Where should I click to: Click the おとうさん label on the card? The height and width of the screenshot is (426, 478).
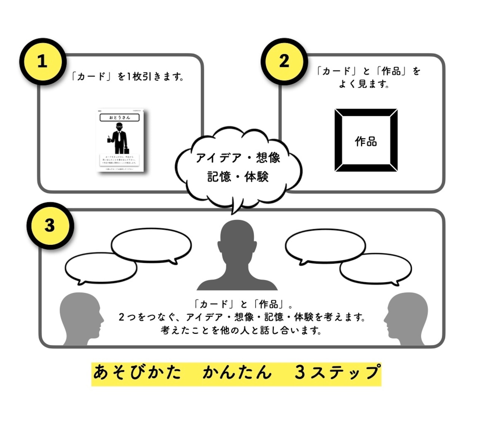[119, 118]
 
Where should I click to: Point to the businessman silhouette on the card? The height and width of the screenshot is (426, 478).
[119, 138]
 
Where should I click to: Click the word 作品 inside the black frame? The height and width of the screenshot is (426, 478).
[366, 142]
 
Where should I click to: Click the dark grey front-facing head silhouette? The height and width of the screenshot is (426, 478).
[237, 254]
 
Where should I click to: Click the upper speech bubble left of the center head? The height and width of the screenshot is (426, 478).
[151, 246]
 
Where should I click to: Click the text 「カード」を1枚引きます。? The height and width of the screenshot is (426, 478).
[128, 77]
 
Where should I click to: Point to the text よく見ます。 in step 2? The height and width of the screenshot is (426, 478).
[364, 84]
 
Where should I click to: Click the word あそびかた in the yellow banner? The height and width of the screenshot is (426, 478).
[137, 373]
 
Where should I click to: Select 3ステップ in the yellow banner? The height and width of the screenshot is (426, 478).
[337, 373]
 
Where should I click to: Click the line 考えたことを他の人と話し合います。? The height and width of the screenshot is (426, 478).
[241, 330]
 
